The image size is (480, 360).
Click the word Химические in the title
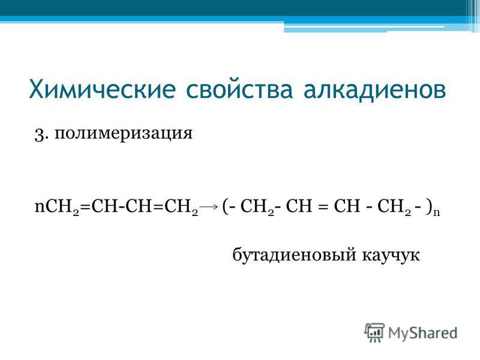[x=102, y=89]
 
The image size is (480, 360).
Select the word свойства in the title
[x=239, y=89]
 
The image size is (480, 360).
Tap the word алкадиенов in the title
[x=375, y=89]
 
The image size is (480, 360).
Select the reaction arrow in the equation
[x=208, y=207]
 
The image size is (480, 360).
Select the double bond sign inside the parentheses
[x=322, y=207]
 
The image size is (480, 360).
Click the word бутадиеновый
[x=294, y=255]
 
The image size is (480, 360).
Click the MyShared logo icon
[x=374, y=332]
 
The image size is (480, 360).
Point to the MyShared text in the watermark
[x=423, y=333]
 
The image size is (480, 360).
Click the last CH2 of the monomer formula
[x=181, y=207]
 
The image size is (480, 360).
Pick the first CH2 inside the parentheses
[x=257, y=207]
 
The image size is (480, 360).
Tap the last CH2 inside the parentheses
[x=394, y=207]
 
